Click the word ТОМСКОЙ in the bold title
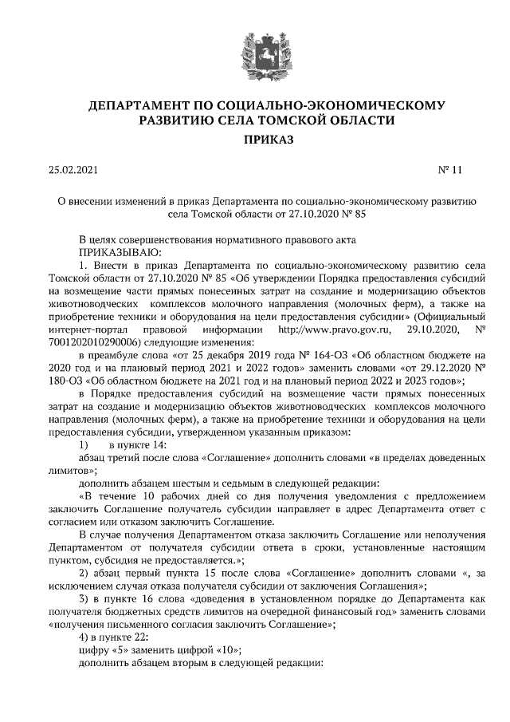301,120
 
